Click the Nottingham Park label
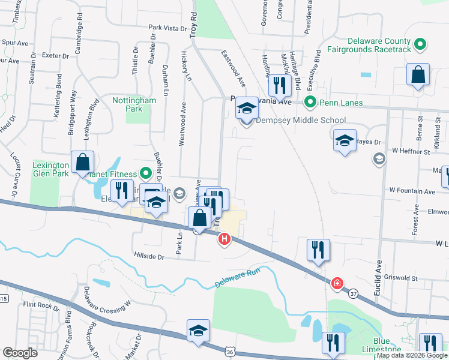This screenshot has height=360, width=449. (134, 104)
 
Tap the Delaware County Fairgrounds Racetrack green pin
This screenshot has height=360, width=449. (420, 43)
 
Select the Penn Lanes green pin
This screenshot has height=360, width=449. (310, 103)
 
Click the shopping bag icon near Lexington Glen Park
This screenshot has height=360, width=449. (82, 163)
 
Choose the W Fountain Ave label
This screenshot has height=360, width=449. (412, 191)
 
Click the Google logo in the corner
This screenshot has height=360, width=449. (20, 353)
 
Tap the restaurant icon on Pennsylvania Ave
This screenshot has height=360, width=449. (279, 85)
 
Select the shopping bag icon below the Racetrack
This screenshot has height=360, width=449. (418, 76)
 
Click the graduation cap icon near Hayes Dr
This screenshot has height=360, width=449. (345, 141)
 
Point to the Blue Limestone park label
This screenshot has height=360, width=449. (381, 349)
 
